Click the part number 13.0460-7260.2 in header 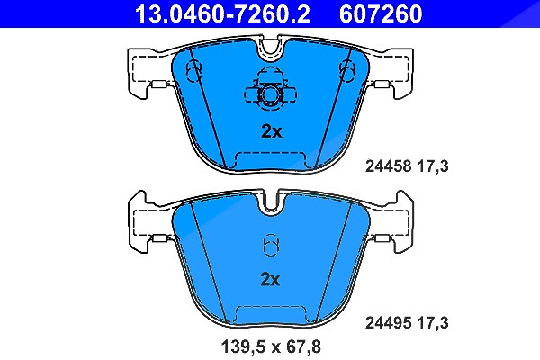222,13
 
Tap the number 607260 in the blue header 381,13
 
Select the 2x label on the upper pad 272,131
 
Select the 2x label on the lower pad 270,279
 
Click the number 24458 388,166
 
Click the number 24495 388,323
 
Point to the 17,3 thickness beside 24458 433,166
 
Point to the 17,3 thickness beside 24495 433,323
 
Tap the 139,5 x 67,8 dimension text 271,346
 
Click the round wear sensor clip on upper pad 270,94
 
